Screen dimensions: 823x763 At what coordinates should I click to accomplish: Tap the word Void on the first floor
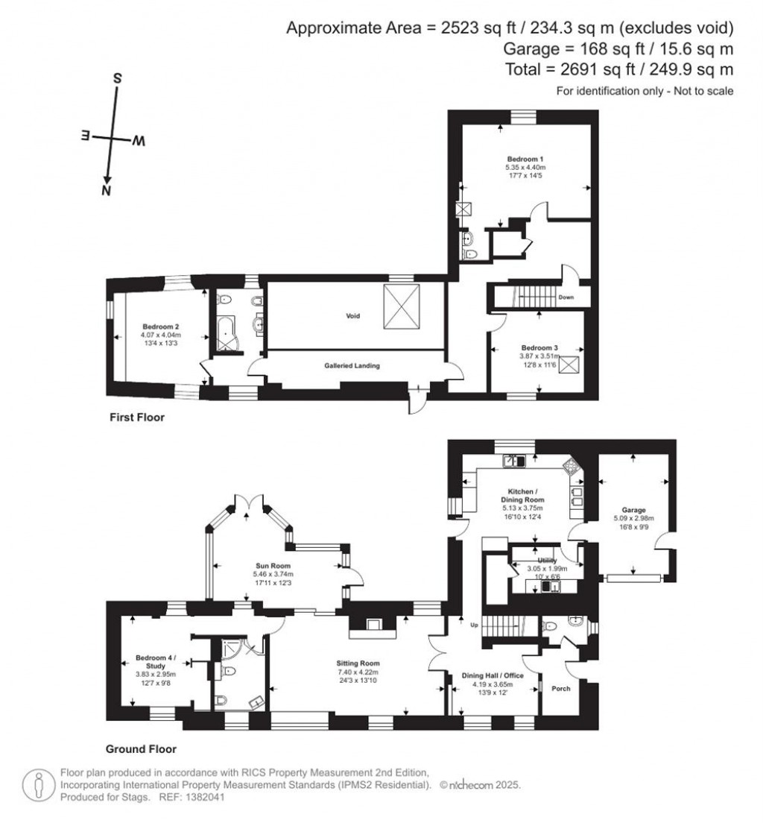tap(352, 316)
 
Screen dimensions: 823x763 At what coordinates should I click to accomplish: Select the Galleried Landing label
tap(352, 365)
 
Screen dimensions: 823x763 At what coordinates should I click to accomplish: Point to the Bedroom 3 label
tap(539, 347)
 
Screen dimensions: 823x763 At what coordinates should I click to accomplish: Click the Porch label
tap(560, 688)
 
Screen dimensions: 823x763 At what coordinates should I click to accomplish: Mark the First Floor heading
tap(136, 418)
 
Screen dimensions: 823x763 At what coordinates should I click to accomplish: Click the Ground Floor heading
tap(141, 749)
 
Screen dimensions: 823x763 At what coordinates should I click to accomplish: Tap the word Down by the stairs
tap(566, 297)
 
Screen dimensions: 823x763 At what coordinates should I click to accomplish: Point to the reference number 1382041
tap(204, 798)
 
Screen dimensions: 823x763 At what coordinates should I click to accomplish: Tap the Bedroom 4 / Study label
tap(155, 662)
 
